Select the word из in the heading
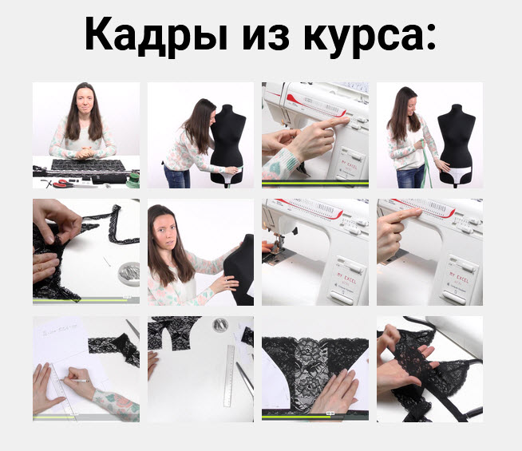coord(266,38)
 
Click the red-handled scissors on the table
coord(62,183)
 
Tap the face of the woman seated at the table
coord(85,99)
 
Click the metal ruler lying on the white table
coord(229,376)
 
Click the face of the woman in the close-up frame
coord(166,231)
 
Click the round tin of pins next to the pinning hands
coord(129,274)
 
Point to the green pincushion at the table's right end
coord(134,180)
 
